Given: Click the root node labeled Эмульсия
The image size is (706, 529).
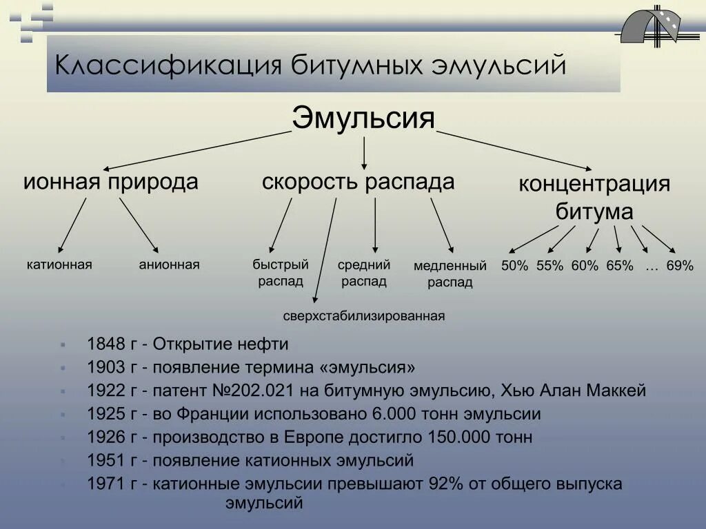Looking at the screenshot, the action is click(363, 118).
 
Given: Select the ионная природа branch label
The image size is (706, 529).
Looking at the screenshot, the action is click(111, 183).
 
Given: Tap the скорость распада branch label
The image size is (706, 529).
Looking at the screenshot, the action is click(358, 183).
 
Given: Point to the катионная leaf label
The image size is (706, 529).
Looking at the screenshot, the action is click(59, 264).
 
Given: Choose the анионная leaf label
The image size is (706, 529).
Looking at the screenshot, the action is click(169, 264).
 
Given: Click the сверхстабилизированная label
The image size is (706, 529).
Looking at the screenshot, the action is click(364, 316).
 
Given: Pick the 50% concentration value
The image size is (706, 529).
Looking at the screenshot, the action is click(514, 266).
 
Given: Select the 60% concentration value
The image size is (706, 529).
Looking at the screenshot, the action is click(585, 266).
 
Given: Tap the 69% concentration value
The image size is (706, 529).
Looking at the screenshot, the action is click(680, 266).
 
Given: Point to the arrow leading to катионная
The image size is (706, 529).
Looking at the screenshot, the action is click(72, 225).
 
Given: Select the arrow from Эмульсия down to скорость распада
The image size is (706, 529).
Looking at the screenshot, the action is click(363, 152).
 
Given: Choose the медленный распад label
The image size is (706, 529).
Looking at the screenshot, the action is click(450, 273).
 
